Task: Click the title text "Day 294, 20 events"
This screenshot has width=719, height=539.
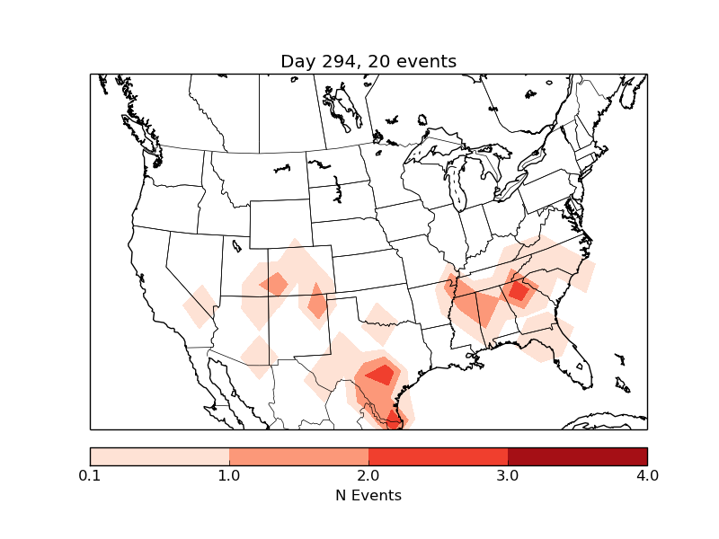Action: (x=368, y=61)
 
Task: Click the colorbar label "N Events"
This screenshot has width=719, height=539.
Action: (x=368, y=495)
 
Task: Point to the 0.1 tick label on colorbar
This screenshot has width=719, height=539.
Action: (x=90, y=475)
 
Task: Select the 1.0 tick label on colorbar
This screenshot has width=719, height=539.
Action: (x=229, y=475)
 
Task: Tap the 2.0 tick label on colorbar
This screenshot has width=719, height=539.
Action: (x=368, y=475)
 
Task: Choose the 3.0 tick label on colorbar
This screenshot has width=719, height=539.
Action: (x=508, y=475)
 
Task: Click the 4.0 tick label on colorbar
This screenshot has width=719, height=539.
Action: (x=647, y=475)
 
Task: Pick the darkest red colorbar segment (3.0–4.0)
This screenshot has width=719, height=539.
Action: (x=577, y=456)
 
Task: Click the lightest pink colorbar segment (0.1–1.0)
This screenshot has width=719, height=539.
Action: (x=159, y=456)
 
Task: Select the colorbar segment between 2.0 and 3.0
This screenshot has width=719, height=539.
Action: (x=438, y=456)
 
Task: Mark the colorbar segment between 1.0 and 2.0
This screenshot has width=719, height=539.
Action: (x=298, y=456)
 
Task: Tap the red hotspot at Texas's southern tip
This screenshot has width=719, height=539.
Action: (x=394, y=418)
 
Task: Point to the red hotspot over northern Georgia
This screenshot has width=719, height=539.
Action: (x=519, y=291)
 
